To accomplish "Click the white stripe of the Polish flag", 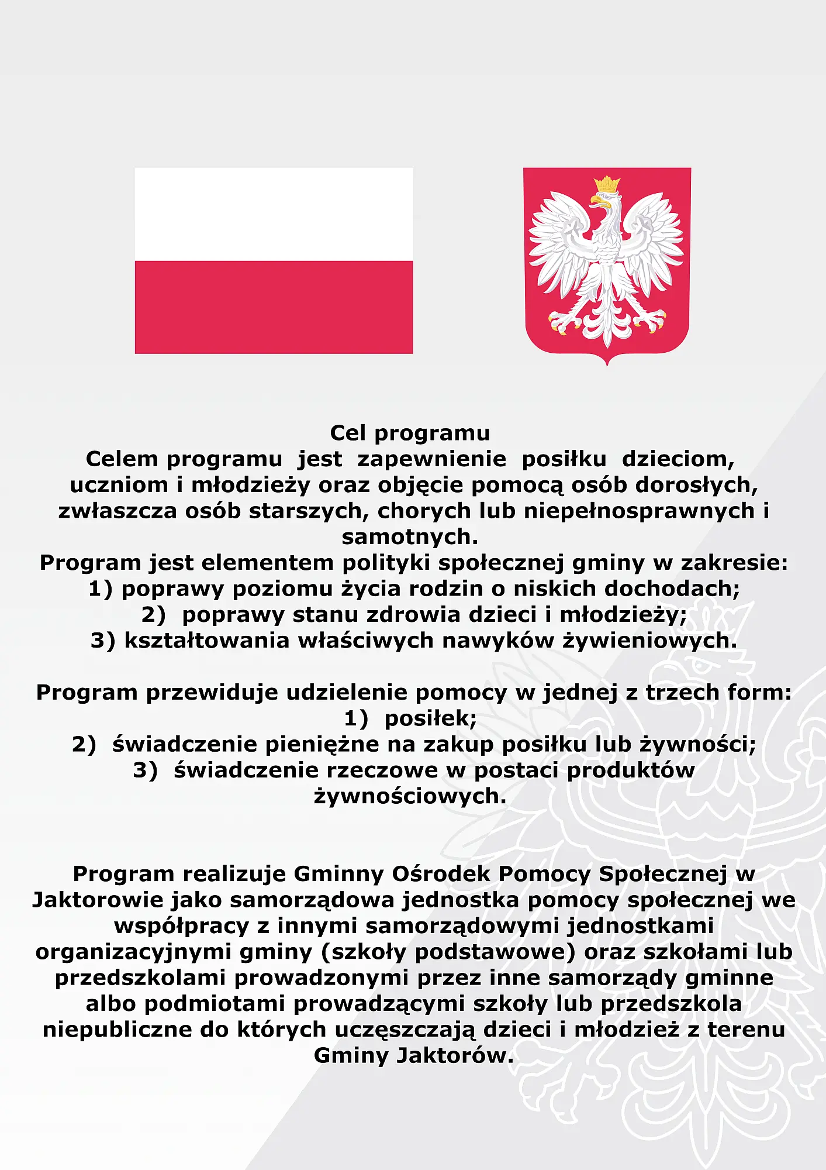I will coord(274,214).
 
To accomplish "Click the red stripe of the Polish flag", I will coord(274,307).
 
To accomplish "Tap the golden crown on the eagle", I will coord(607,185).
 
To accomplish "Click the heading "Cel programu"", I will coord(410,433).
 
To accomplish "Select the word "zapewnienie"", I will coord(431,459).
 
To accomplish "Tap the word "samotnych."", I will coord(410,536).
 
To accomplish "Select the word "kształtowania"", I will coord(207,641).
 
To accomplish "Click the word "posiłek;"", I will coord(430,718).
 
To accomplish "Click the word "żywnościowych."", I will coord(410,796).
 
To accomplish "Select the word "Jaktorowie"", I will coord(98,900).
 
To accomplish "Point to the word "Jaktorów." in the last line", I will coord(455,1055).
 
